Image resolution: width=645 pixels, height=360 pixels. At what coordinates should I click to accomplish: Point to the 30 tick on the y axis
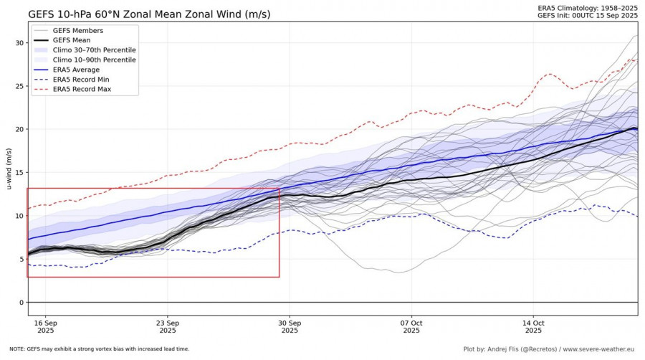click(x=19, y=43)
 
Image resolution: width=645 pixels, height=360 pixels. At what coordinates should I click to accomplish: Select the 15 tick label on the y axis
click(x=19, y=173)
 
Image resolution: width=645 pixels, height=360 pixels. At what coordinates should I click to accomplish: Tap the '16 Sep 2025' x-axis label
click(x=46, y=326)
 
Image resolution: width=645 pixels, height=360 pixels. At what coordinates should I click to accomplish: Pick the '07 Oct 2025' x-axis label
click(x=412, y=326)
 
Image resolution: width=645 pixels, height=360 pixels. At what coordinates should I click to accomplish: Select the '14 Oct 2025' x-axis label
click(x=534, y=326)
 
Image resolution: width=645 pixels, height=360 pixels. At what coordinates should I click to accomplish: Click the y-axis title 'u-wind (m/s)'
click(x=9, y=169)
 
